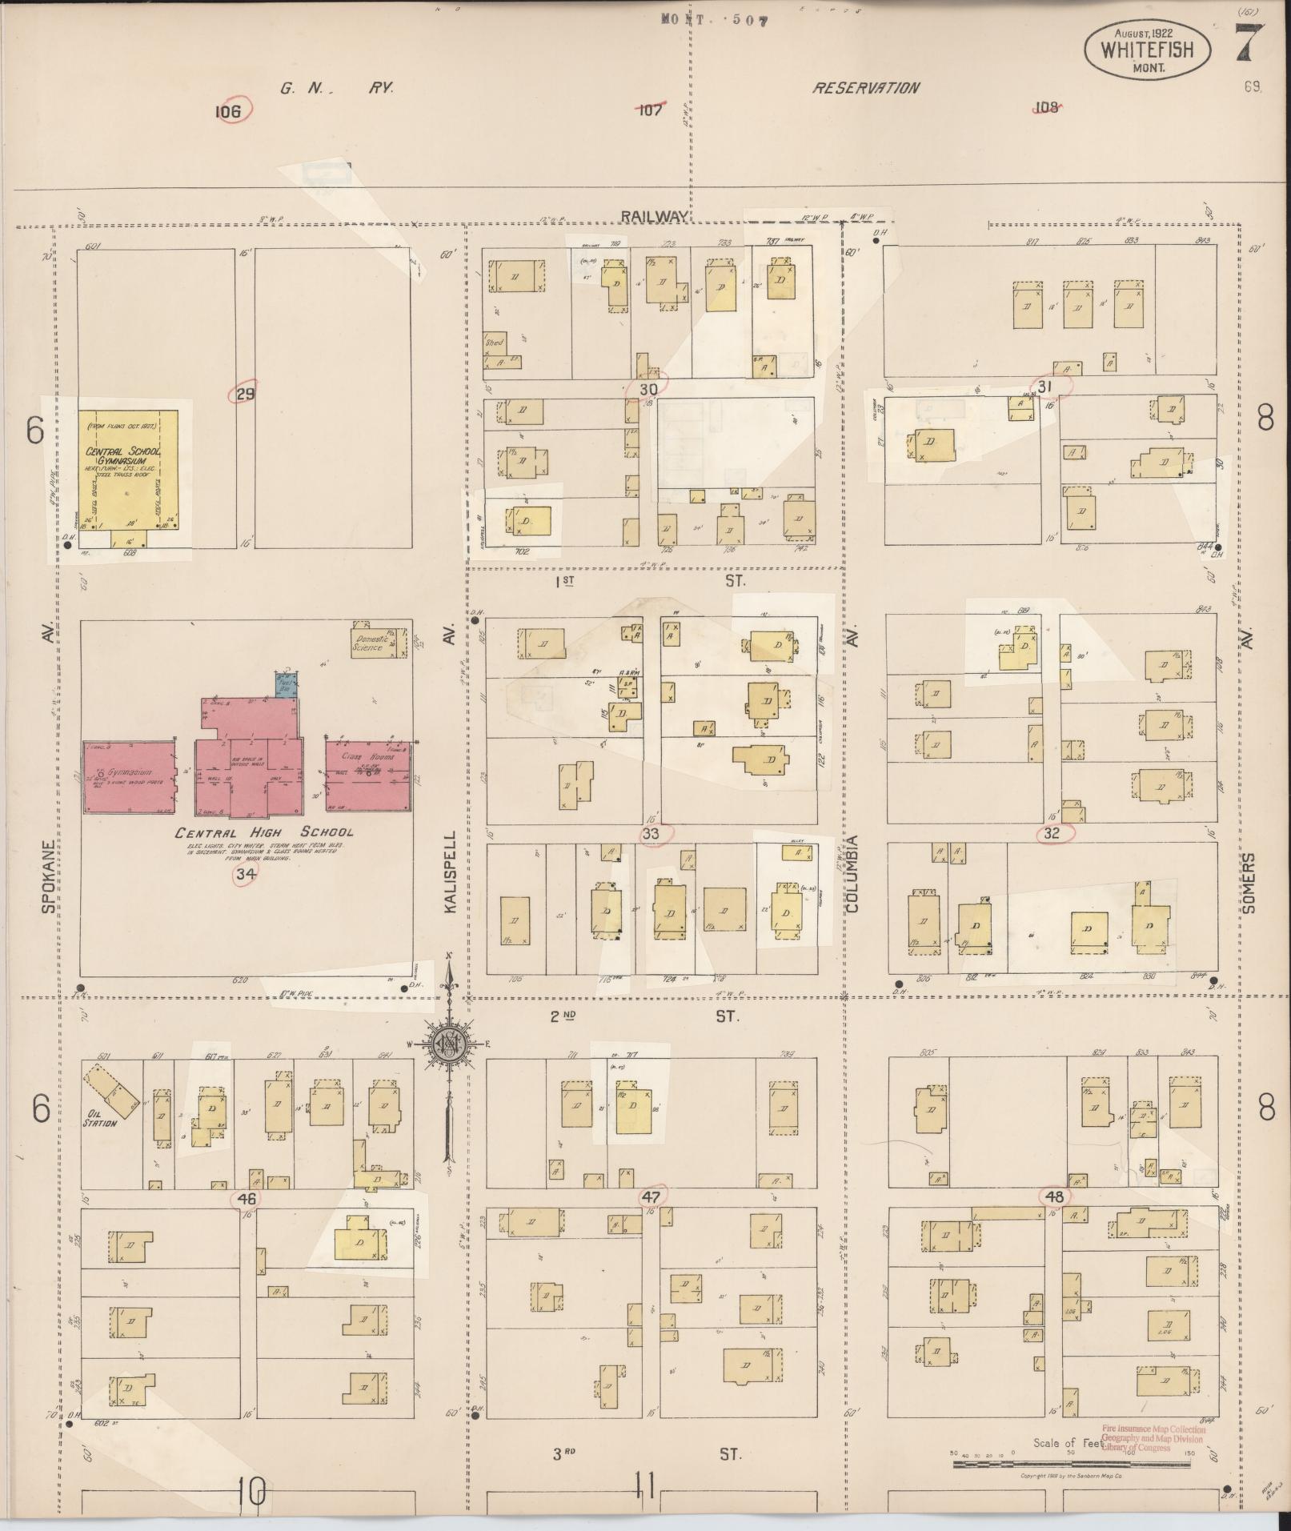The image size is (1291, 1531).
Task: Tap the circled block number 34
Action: click(245, 876)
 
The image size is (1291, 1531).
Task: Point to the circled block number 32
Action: click(1052, 833)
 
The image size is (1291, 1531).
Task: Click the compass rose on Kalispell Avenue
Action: click(447, 1044)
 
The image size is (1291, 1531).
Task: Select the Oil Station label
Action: click(101, 1122)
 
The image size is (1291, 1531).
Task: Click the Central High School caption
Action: click(263, 832)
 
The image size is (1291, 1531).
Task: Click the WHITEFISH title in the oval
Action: click(1147, 50)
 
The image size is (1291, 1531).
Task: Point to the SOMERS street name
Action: click(1249, 883)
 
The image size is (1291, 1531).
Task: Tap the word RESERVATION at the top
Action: click(866, 88)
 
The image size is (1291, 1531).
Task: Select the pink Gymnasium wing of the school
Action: click(130, 776)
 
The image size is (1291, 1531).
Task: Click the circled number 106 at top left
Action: click(228, 111)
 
